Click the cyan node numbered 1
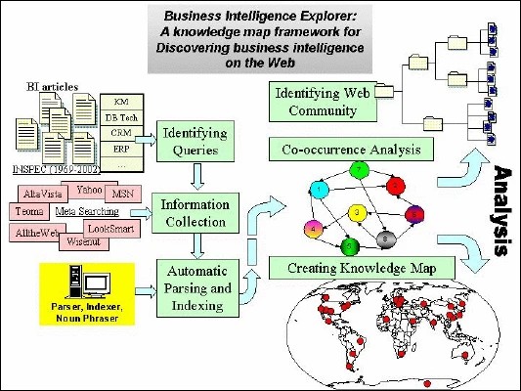point(317,187)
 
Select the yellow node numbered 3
point(359,212)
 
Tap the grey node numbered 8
point(388,236)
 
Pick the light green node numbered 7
point(360,172)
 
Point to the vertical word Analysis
point(502,208)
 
